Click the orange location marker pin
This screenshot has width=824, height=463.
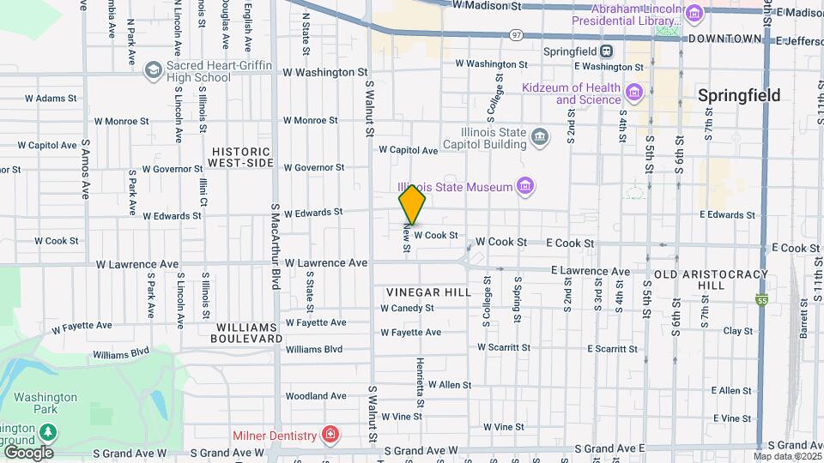412,205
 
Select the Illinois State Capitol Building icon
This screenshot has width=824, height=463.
540,135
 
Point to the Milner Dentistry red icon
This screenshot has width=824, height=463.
330,436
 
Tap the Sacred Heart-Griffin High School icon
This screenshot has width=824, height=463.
154,69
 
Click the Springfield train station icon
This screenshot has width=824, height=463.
607,51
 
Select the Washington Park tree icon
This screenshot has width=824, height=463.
50,430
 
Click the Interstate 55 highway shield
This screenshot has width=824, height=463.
762,299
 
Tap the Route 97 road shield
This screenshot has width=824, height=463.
515,35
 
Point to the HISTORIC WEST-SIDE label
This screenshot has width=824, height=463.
242,156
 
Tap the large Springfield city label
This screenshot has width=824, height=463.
738,95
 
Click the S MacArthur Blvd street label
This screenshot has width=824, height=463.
276,246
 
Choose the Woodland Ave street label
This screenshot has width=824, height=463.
315,396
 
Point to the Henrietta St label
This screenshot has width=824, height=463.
421,382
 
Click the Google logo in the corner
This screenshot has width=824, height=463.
28,452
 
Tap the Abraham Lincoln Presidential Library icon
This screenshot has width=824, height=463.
694,12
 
